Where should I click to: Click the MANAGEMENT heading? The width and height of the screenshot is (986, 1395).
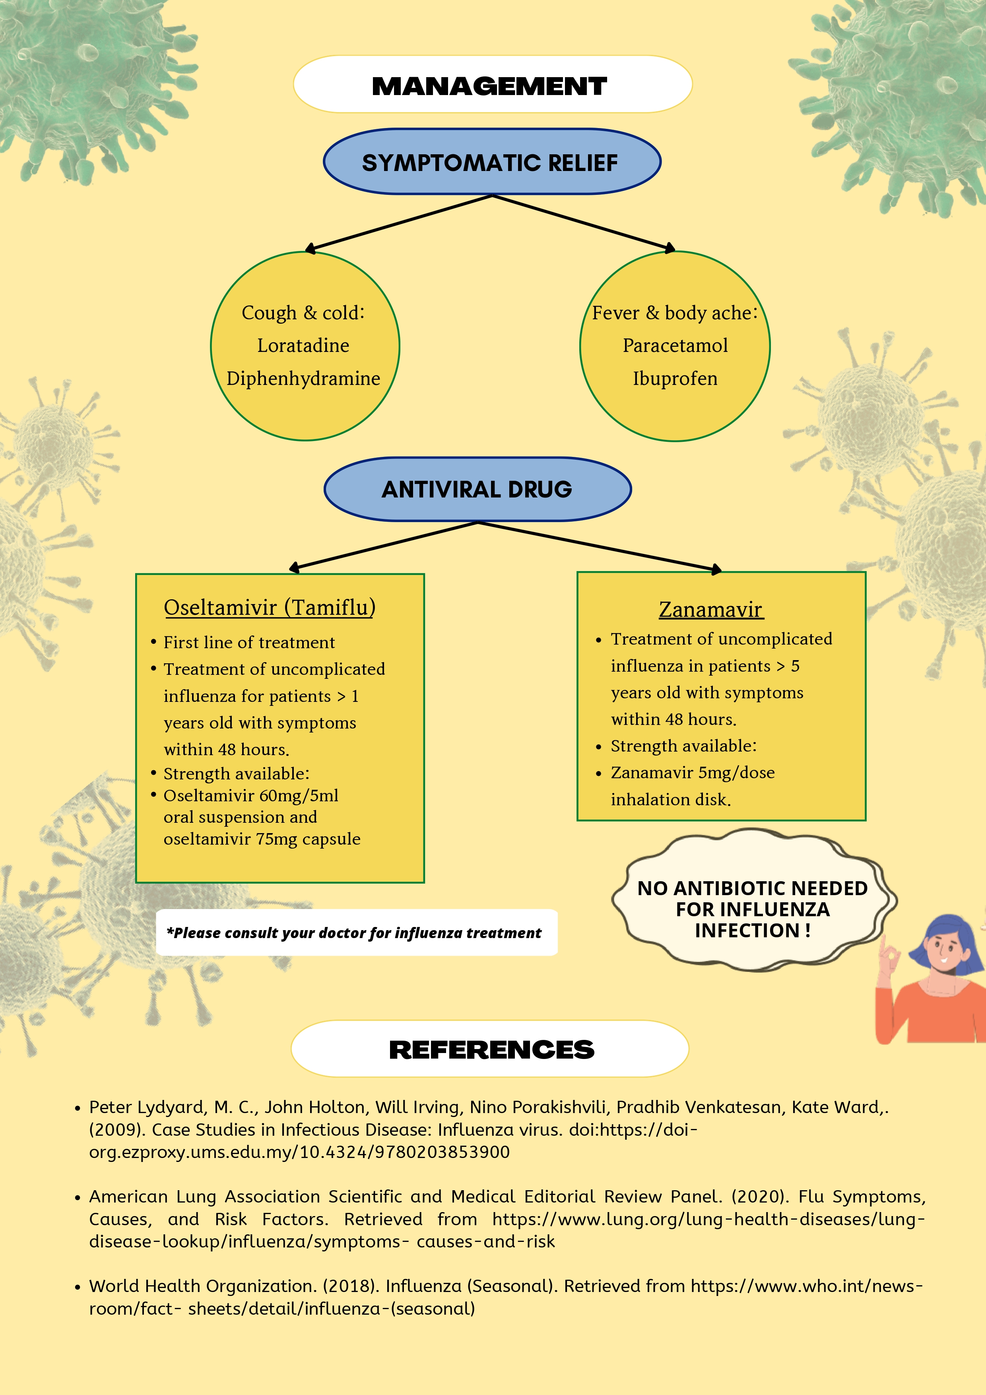coord(490,86)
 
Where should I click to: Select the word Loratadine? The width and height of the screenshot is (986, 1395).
coord(303,346)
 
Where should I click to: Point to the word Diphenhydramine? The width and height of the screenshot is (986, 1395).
coord(303,379)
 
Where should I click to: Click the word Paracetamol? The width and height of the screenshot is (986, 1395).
coord(675,346)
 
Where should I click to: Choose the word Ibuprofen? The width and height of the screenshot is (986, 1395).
coord(675,379)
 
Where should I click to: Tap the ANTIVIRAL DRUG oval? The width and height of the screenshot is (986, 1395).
coord(477,490)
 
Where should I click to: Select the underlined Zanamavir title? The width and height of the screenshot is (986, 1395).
coord(710,609)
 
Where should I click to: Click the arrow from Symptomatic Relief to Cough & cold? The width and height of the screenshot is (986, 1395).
coord(398,223)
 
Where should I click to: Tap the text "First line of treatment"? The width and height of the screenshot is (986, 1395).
coord(249,643)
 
